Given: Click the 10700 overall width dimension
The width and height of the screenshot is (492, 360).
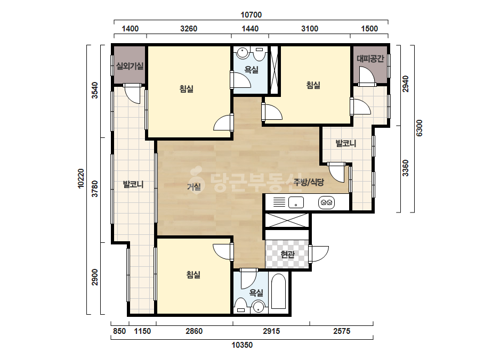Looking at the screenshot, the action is tap(251, 15).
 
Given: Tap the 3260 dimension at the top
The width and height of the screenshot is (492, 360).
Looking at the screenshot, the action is tap(189, 29).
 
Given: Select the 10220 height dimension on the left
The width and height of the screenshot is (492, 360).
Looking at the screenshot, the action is tap(81, 178).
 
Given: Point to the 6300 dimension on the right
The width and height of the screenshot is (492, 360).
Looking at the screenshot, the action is tap(420, 128).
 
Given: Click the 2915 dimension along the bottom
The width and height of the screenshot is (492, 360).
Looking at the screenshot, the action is tap(271, 331).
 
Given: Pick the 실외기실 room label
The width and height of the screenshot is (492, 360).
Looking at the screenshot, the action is tap(130, 66).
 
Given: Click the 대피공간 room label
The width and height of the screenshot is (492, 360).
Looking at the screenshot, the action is tap(370, 59).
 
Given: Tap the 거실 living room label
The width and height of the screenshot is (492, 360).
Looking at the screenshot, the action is tap(194, 187).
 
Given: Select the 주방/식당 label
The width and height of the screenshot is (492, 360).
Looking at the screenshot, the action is tap(309, 182).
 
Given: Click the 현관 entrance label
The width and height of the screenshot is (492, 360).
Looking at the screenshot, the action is tap(287, 255).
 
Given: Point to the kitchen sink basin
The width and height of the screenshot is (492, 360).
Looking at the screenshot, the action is tap(296, 202).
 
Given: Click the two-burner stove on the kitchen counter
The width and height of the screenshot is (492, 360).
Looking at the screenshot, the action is tap(326, 202).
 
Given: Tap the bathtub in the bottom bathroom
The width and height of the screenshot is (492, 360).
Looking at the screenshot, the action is tap(278, 291).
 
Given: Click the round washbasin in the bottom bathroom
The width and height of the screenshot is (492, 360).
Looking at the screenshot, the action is tap(259, 306).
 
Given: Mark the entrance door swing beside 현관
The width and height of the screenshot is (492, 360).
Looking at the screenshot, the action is tap(319, 253).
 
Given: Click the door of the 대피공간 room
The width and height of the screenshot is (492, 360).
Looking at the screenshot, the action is tap(367, 77).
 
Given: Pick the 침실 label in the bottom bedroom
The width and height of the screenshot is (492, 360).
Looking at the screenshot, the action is tap(193, 275).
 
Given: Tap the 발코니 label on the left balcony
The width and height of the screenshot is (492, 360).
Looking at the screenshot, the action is tap(133, 184).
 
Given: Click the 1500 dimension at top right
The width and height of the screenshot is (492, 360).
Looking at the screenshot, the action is tap(369, 29).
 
